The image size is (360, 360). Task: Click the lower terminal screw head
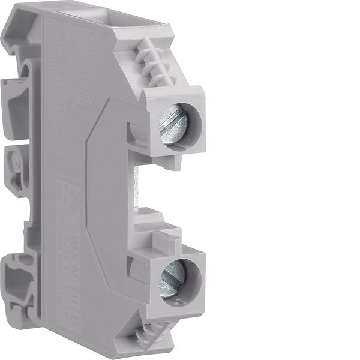coord(172,277)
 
